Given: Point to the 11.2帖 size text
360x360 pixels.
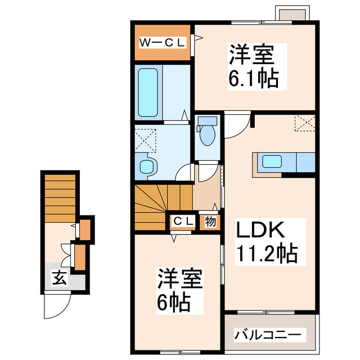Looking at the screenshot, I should [267, 255].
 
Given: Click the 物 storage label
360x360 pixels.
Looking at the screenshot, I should [210, 222].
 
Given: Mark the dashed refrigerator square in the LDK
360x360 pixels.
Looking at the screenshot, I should [304, 122].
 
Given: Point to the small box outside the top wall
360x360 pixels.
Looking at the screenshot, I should [291, 13].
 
